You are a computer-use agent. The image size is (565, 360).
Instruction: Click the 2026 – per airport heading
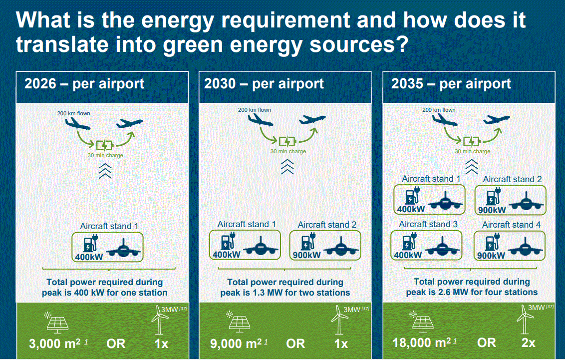pyautogui.click(x=84, y=84)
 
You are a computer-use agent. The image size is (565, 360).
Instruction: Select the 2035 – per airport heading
pyautogui.click(x=451, y=84)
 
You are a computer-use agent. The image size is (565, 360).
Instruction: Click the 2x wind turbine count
pyautogui.click(x=528, y=343)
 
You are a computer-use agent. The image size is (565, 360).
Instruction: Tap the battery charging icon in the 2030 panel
pyautogui.click(x=287, y=141)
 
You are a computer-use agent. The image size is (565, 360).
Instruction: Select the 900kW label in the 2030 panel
pyautogui.click(x=306, y=255)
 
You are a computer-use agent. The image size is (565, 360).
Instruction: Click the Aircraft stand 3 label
pyautogui.click(x=428, y=224)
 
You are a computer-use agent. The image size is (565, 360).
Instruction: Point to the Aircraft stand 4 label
pyautogui.click(x=511, y=225)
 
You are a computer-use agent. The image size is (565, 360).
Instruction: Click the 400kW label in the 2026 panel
pyautogui.click(x=89, y=257)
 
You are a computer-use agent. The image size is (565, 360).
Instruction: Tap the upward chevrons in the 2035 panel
pyautogui.click(x=472, y=167)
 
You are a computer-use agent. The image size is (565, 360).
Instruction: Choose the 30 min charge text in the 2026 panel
pyautogui.click(x=105, y=155)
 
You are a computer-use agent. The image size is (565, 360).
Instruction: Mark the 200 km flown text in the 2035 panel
pyautogui.click(x=439, y=110)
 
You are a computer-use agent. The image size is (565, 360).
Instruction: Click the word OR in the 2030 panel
pyautogui.click(x=295, y=344)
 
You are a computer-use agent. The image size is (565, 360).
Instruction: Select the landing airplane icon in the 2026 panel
pyautogui.click(x=77, y=124)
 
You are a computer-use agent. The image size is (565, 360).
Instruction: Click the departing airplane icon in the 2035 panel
pyautogui.click(x=497, y=119)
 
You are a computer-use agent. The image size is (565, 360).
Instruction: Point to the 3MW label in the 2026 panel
pyautogui.click(x=169, y=310)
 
